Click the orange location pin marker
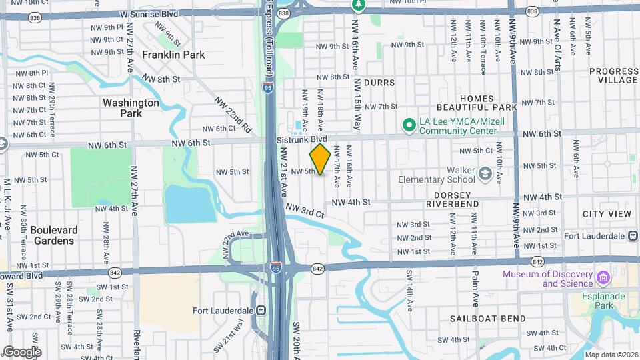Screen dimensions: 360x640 320,159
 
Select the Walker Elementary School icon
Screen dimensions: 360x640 485,174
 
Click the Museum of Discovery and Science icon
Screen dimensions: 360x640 604,277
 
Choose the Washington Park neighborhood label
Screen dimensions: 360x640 131,108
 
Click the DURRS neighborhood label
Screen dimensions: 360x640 379,83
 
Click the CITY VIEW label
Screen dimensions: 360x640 606,214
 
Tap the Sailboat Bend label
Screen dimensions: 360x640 487,319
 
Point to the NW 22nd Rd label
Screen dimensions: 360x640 233,113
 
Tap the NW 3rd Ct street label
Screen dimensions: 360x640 305,211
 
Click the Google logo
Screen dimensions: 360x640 22,351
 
